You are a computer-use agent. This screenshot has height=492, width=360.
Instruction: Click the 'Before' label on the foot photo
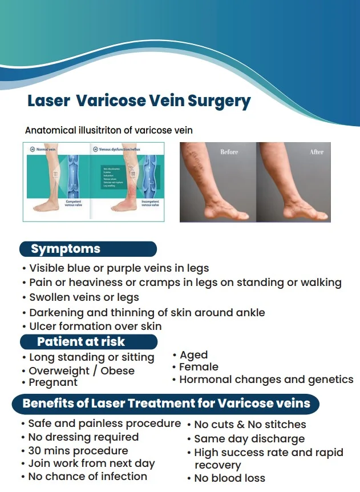tap(230, 152)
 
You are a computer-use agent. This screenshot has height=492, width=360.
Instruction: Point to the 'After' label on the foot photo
tap(317, 152)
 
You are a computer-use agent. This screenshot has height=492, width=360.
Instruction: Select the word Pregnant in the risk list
tap(53, 382)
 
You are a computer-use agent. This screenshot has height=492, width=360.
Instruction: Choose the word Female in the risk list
tap(199, 367)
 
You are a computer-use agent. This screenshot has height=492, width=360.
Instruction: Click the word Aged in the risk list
tap(193, 355)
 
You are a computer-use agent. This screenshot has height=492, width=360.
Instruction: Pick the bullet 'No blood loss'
tap(230, 478)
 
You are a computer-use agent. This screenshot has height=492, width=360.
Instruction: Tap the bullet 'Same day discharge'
tap(249, 439)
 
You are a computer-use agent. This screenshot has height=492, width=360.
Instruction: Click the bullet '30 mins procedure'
tap(78, 451)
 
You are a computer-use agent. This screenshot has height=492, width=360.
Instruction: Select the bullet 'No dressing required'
tap(83, 437)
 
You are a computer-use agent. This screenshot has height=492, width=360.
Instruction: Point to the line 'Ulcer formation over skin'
tap(95, 326)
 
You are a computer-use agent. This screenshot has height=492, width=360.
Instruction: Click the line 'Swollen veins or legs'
tap(84, 297)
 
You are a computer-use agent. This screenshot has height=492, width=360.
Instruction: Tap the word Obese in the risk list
tap(117, 370)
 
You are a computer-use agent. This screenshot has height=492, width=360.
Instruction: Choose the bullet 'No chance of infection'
tap(87, 476)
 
